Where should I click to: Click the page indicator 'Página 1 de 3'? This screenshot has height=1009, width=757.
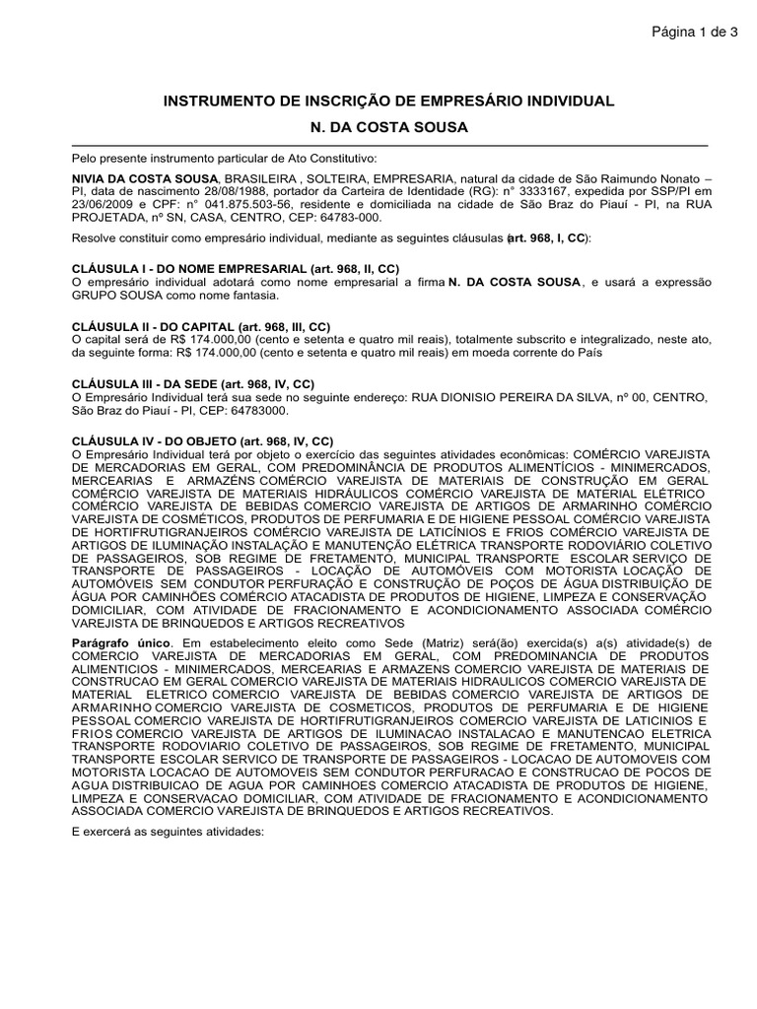[x=694, y=33]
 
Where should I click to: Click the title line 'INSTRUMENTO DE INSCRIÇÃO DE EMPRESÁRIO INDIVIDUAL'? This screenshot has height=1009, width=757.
[x=387, y=101]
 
